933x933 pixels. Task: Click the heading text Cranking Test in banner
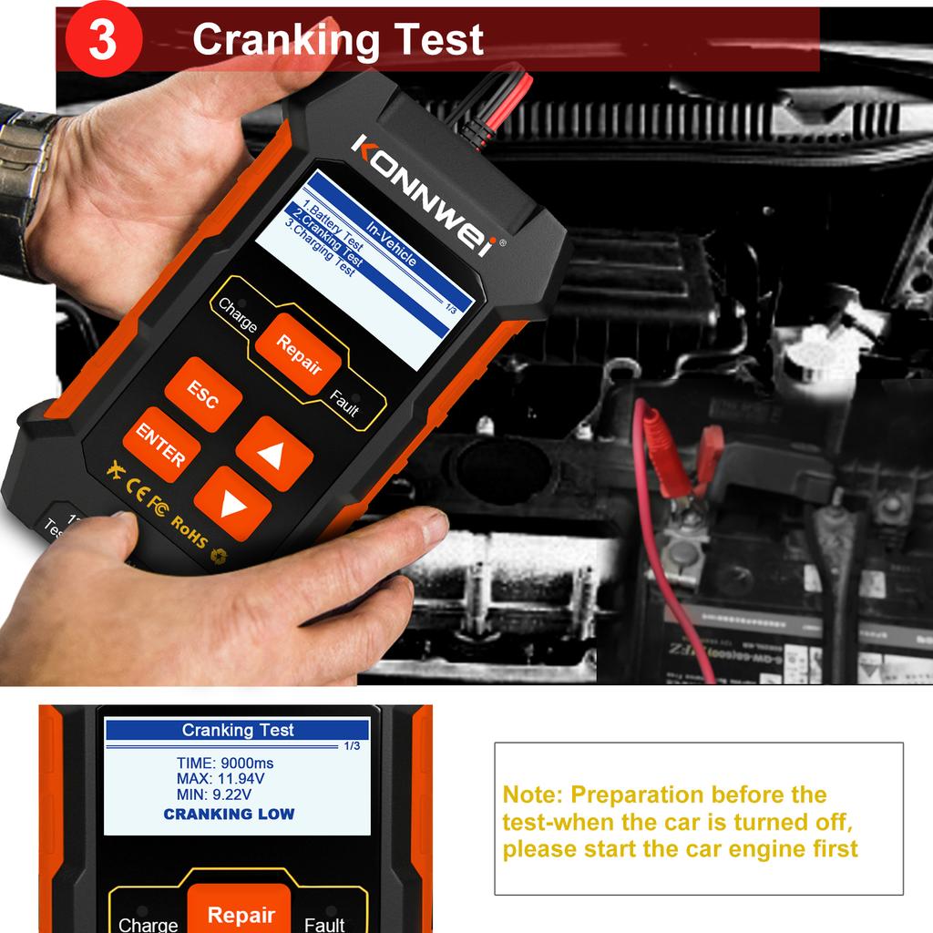click(x=337, y=40)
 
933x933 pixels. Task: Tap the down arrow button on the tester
click(x=232, y=504)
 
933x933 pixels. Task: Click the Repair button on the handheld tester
click(x=298, y=354)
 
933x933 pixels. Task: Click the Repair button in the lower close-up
click(x=241, y=914)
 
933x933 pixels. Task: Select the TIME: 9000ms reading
click(x=224, y=763)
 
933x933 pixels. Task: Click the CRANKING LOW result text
click(x=229, y=814)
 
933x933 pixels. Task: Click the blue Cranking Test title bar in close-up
click(x=237, y=730)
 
